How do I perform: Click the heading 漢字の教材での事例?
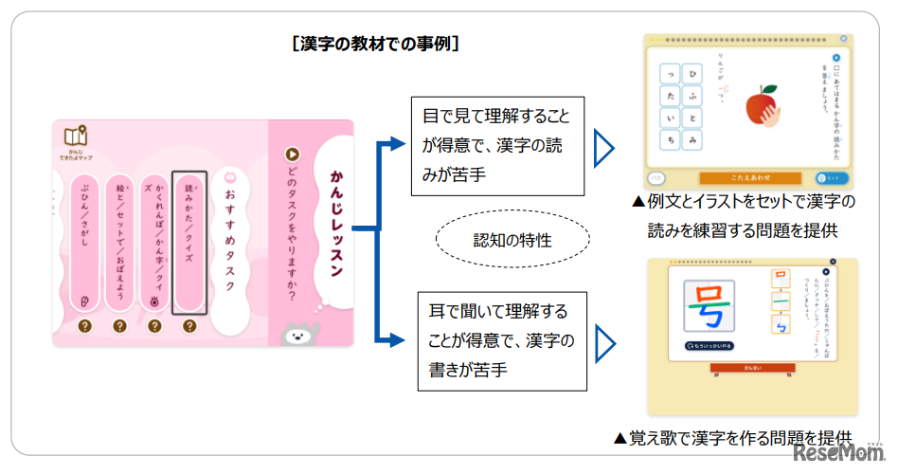pyautogui.click(x=377, y=44)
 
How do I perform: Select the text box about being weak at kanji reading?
pyautogui.click(x=496, y=146)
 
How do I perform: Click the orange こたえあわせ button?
pyautogui.click(x=750, y=177)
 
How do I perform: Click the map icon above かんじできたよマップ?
pyautogui.click(x=76, y=137)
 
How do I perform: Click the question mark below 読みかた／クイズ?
pyautogui.click(x=189, y=326)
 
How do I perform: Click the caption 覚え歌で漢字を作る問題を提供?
pyautogui.click(x=732, y=437)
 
